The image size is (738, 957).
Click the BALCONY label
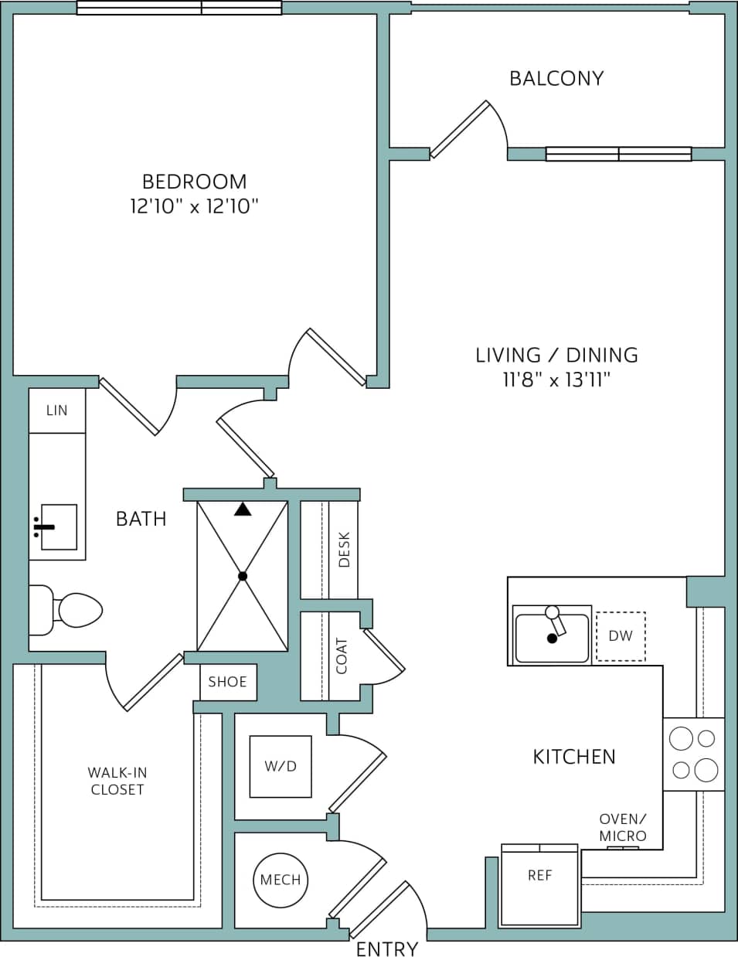[556, 78]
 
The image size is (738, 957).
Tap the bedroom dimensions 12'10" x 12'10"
[194, 206]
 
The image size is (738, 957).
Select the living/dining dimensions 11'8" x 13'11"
[556, 380]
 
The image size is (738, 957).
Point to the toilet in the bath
[66, 611]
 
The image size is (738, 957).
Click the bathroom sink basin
[59, 527]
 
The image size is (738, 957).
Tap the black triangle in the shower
[243, 509]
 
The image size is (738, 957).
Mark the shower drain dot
[243, 576]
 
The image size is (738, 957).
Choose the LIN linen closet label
[56, 410]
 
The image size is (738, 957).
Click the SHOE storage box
[228, 682]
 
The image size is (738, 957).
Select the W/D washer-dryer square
[281, 766]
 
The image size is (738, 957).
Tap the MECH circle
[281, 880]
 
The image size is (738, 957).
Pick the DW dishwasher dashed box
[621, 636]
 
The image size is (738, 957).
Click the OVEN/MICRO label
[623, 828]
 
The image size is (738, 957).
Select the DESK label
[344, 550]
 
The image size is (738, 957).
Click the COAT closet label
[342, 656]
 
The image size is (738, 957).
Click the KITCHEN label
[574, 757]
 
